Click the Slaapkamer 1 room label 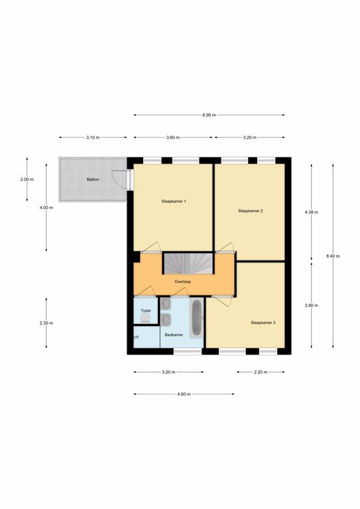[174, 201]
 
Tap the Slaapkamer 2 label [251, 211]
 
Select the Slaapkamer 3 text [263, 323]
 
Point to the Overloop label [182, 282]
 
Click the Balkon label [93, 179]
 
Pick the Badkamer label [174, 335]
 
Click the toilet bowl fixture [145, 318]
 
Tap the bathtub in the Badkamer [196, 318]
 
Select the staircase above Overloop [188, 263]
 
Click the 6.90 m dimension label [209, 115]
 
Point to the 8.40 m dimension [333, 256]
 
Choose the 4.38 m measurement [312, 212]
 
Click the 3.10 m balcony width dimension [93, 137]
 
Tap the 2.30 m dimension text [46, 323]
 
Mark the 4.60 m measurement [184, 394]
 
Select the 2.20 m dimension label [261, 372]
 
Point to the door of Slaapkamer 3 [222, 302]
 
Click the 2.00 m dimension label [27, 179]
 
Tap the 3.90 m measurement [312, 306]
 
